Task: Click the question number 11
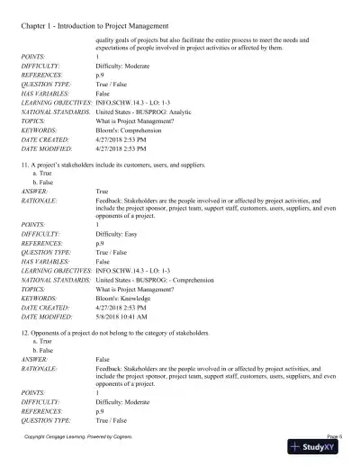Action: point(24,166)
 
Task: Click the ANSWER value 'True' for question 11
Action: point(102,192)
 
